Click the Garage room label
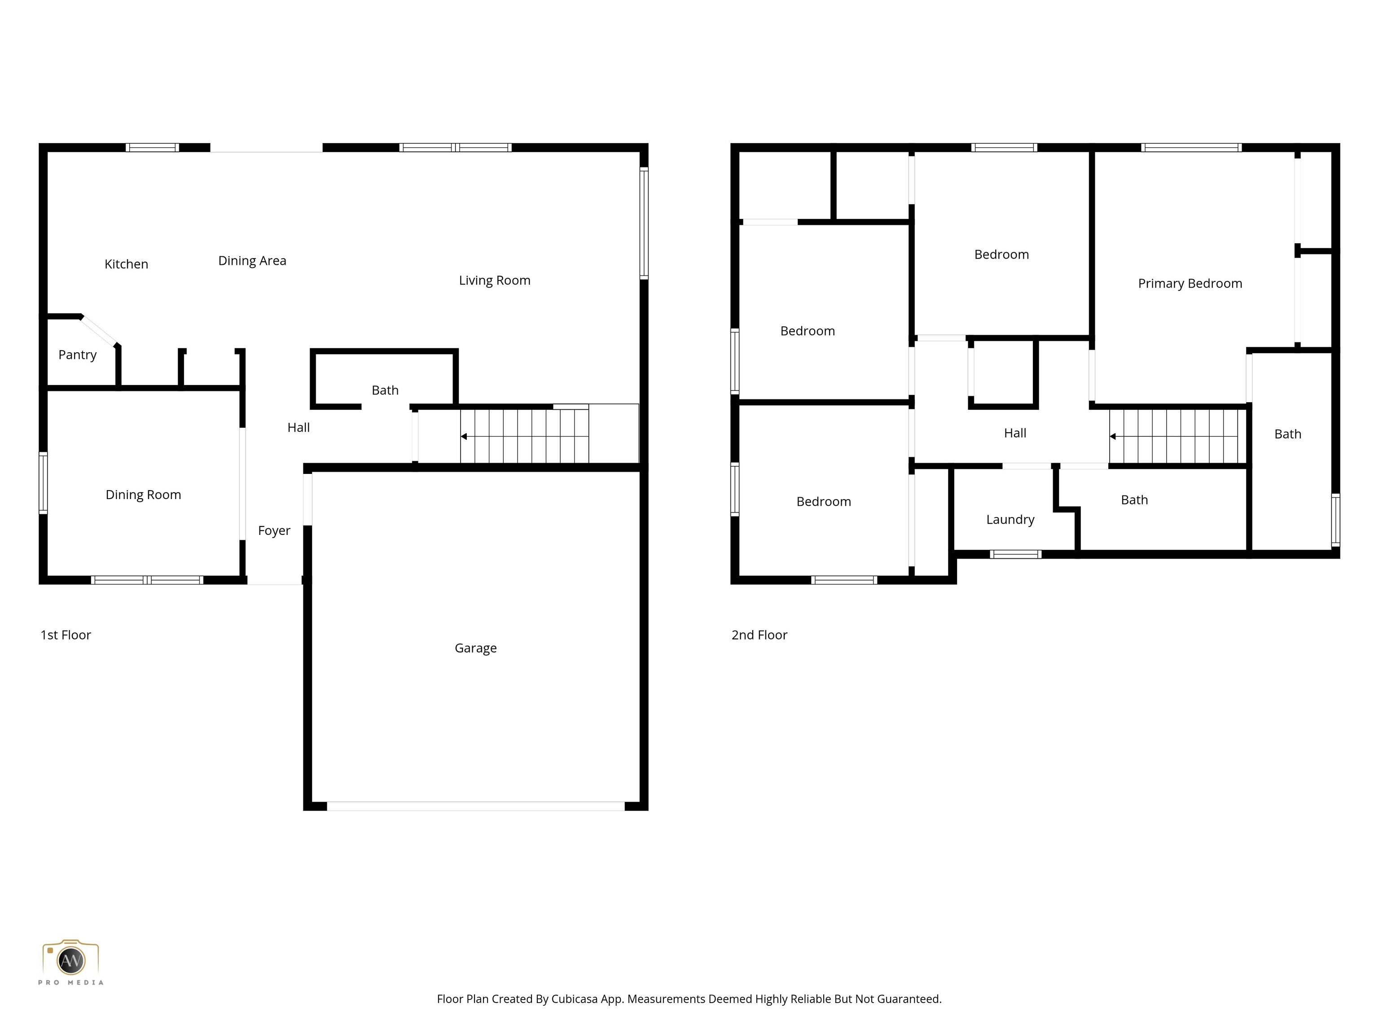pos(476,648)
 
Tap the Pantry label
pos(77,355)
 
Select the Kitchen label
pos(126,264)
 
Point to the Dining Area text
pos(252,261)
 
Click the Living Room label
pos(494,280)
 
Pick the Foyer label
pos(274,530)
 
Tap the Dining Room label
pos(143,495)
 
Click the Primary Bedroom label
pos(1190,284)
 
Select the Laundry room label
pos(1010,519)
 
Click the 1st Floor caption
pos(66,635)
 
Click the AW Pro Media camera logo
pos(70,961)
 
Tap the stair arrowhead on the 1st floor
pos(464,436)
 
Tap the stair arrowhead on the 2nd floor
pos(1113,436)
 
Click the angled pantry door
pos(100,331)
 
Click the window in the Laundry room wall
pos(1015,554)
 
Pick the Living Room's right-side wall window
pos(644,223)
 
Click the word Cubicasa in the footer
pos(574,999)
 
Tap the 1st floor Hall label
pos(298,428)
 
